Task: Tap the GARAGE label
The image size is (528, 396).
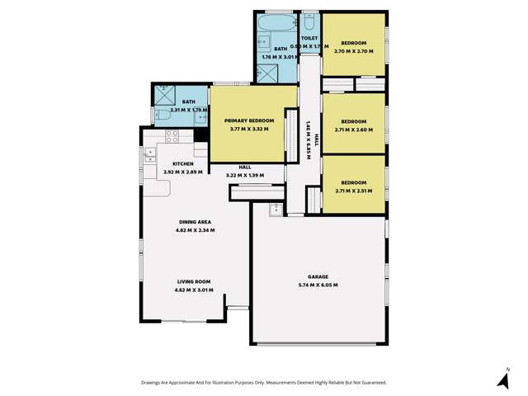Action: pyautogui.click(x=318, y=278)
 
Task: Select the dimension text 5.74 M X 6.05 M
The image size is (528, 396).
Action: pyautogui.click(x=318, y=285)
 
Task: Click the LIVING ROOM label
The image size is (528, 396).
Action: pyautogui.click(x=194, y=282)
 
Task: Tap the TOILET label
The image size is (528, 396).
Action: pyautogui.click(x=310, y=38)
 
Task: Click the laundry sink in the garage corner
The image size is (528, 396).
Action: pyautogui.click(x=273, y=209)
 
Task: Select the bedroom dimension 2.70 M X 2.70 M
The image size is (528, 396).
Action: pyautogui.click(x=352, y=51)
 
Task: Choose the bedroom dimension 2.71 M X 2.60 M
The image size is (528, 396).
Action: pyautogui.click(x=352, y=130)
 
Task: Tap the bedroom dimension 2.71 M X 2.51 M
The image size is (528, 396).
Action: pyautogui.click(x=352, y=191)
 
